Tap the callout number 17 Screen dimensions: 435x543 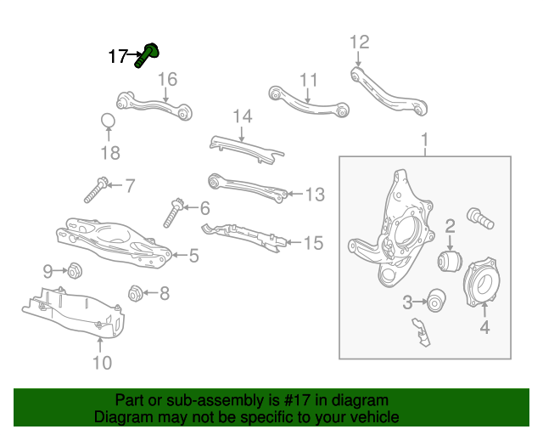118,57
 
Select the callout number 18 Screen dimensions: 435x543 110,153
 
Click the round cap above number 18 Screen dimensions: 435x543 109,121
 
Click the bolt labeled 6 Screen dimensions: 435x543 172,211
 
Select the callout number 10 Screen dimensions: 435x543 101,363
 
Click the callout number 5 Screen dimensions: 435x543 193,254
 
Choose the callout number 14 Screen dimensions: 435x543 243,116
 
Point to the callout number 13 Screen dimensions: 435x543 315,195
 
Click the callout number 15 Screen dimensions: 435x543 313,243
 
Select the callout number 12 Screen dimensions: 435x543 360,42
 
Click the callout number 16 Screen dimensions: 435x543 167,80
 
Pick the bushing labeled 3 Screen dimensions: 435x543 437,300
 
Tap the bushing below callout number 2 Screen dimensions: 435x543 449,258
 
